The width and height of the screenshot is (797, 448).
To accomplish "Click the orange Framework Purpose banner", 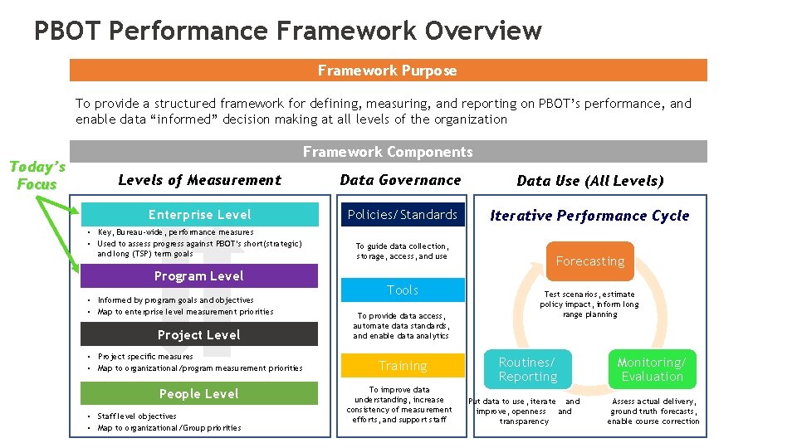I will coord(388,71).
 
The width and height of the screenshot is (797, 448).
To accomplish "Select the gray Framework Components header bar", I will coord(388,152).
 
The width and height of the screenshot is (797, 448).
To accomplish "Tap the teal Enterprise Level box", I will coord(199,215).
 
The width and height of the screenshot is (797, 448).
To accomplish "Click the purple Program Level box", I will coord(199,275).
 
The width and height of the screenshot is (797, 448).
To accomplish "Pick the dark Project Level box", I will coord(199,334).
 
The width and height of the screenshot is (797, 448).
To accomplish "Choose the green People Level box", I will coord(199,393).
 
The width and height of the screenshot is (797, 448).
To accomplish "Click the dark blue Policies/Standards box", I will coord(403,215).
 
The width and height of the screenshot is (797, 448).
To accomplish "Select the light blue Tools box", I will coord(403,290).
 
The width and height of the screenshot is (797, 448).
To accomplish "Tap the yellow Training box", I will coord(403,366).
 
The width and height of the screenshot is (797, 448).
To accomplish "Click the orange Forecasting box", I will coord(590,261).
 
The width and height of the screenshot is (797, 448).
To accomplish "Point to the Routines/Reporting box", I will coord(527,369).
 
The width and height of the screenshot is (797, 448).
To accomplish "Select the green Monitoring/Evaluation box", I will coord(652,369).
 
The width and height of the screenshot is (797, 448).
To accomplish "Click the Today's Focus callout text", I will coord(37,175).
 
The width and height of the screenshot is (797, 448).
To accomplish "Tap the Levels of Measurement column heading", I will coord(199,180).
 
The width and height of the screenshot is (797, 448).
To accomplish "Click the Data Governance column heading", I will coord(400,180).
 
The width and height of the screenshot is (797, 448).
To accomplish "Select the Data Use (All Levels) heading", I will coord(590,181).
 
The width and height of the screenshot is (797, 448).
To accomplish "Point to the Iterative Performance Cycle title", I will coord(589,216).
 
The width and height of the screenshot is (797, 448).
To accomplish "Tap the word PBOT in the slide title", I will coord(68,32).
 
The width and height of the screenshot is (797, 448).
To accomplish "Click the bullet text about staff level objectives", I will coord(137,416).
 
